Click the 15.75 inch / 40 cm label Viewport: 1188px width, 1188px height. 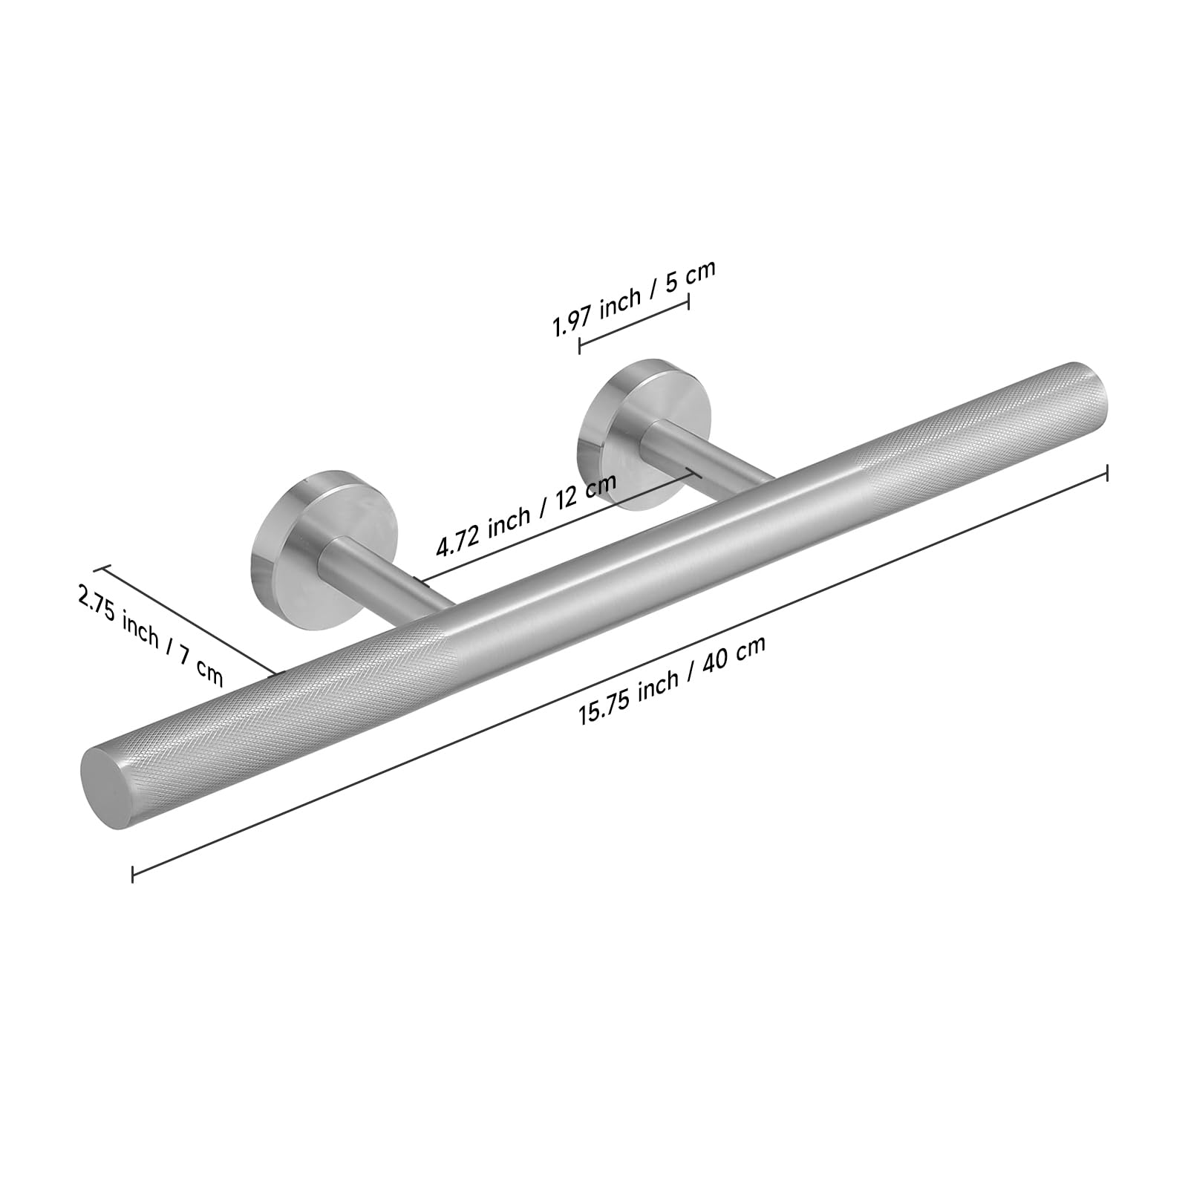coord(672,680)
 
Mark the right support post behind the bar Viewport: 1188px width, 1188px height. coord(705,460)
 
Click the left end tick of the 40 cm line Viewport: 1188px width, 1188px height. coord(132,872)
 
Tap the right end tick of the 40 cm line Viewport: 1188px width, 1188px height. coord(1107,472)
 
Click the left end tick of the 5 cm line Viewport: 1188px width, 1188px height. coord(579,344)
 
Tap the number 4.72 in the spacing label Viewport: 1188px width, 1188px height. coord(459,542)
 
